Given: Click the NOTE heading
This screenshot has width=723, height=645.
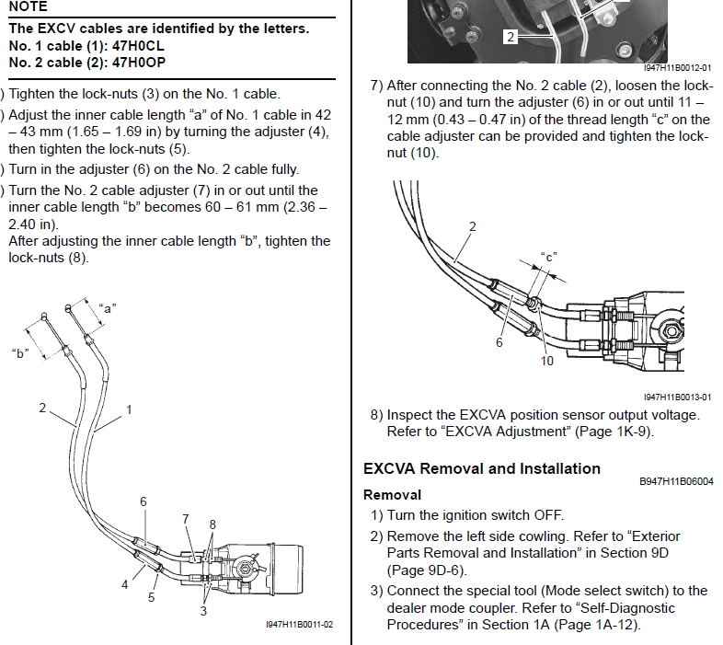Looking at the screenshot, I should click(x=27, y=6).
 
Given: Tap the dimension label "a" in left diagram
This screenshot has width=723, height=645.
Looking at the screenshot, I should click(x=109, y=309).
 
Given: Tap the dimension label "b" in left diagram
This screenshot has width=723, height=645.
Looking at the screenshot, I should click(x=18, y=351).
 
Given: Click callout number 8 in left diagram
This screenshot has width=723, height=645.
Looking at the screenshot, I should click(x=212, y=524).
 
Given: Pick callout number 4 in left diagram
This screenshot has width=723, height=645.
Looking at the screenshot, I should click(x=125, y=583).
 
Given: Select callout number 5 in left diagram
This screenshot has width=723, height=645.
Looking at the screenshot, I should click(x=151, y=596).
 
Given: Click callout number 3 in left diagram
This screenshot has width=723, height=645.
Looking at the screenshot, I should click(x=204, y=610).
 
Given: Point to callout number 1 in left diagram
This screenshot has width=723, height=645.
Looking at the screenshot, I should click(x=129, y=409).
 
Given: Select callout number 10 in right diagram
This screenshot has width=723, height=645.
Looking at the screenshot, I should click(x=547, y=362).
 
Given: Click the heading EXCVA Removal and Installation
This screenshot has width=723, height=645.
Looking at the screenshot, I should click(x=482, y=468).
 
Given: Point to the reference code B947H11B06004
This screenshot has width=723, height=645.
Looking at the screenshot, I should click(x=676, y=481).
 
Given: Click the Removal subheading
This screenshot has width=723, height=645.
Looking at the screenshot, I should click(x=392, y=495).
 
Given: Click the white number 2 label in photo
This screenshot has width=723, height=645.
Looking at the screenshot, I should click(x=511, y=37).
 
